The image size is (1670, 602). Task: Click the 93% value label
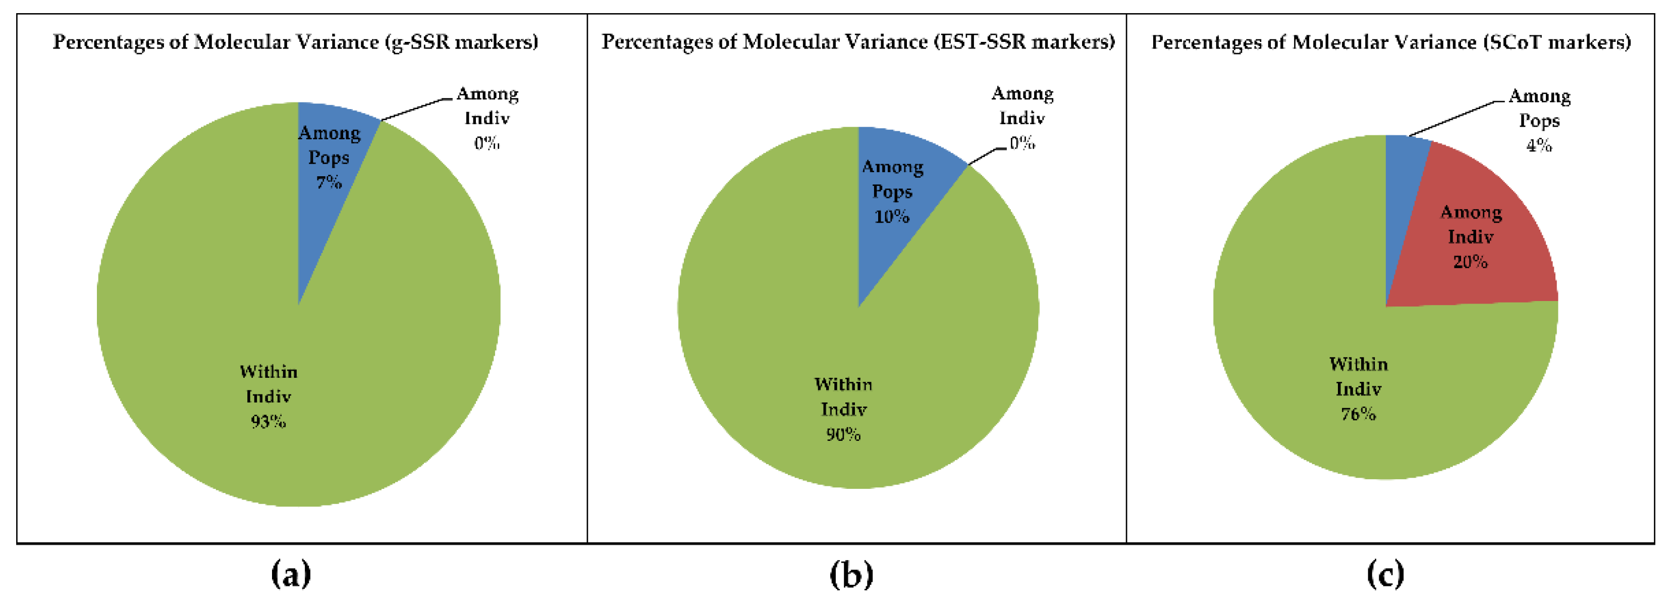click(x=268, y=422)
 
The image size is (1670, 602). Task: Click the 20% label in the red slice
click(x=1470, y=262)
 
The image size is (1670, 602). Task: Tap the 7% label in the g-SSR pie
click(x=329, y=183)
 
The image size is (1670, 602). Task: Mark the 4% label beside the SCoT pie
click(x=1538, y=145)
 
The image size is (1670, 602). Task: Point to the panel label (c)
click(x=1385, y=573)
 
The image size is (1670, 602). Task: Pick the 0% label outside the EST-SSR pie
click(x=1021, y=143)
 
